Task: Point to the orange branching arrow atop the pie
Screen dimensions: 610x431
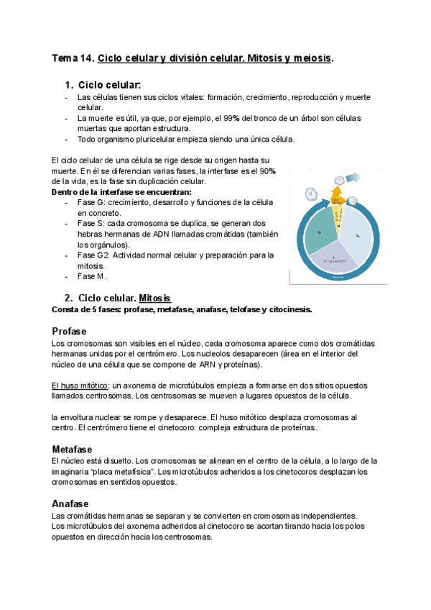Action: click(x=336, y=195)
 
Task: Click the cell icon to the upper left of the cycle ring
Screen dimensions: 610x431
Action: click(x=310, y=193)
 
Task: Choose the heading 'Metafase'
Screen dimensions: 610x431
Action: click(x=73, y=449)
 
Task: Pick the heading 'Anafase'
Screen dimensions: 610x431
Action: click(x=71, y=504)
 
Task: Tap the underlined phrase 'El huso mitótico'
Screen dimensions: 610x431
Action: click(x=79, y=385)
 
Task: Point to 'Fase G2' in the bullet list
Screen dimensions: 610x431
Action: click(x=93, y=255)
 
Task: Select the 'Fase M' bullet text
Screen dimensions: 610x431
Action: click(x=91, y=276)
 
